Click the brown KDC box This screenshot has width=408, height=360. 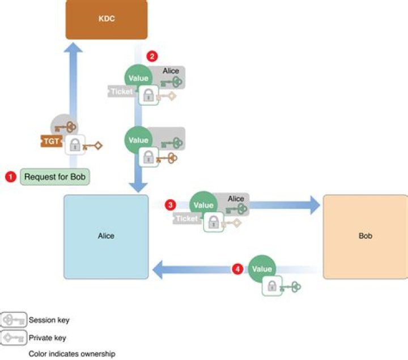[106, 19]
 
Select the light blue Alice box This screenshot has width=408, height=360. [106, 237]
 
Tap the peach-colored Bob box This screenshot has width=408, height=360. [365, 237]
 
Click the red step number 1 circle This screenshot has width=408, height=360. [10, 177]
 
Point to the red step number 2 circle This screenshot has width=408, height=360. [151, 56]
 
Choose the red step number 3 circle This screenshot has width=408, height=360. [169, 204]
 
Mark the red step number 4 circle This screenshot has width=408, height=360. [237, 269]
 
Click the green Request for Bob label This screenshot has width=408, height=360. [56, 177]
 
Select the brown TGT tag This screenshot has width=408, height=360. [50, 141]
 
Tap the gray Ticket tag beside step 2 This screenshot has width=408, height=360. [121, 91]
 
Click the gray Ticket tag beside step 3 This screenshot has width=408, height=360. [186, 218]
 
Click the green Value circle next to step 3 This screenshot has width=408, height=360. [203, 205]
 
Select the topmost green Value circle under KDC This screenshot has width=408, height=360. [138, 78]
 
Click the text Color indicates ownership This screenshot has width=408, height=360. [72, 354]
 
